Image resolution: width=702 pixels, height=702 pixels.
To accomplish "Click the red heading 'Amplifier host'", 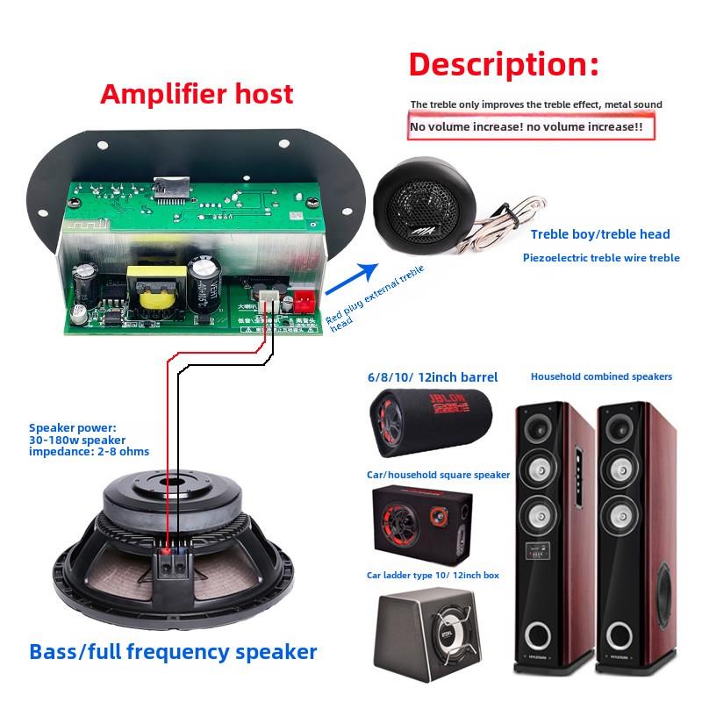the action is pos(197,93).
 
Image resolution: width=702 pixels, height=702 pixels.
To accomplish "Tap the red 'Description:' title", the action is pos(504,64).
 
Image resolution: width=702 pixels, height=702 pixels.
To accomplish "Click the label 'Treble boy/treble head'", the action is pos(600,234).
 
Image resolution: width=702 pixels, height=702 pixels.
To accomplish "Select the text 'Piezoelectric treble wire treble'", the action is pos(601,258).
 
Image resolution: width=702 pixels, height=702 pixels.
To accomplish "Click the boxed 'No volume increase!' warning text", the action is pos(532,127).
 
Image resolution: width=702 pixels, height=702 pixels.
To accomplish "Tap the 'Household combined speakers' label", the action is pos(601,376).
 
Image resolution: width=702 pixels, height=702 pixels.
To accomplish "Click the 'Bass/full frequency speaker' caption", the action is pos(173,652).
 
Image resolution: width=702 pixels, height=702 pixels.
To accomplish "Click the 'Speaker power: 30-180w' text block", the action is pos(89,440).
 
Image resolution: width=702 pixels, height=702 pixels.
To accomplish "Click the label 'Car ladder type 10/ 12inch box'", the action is pos(433,576).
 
